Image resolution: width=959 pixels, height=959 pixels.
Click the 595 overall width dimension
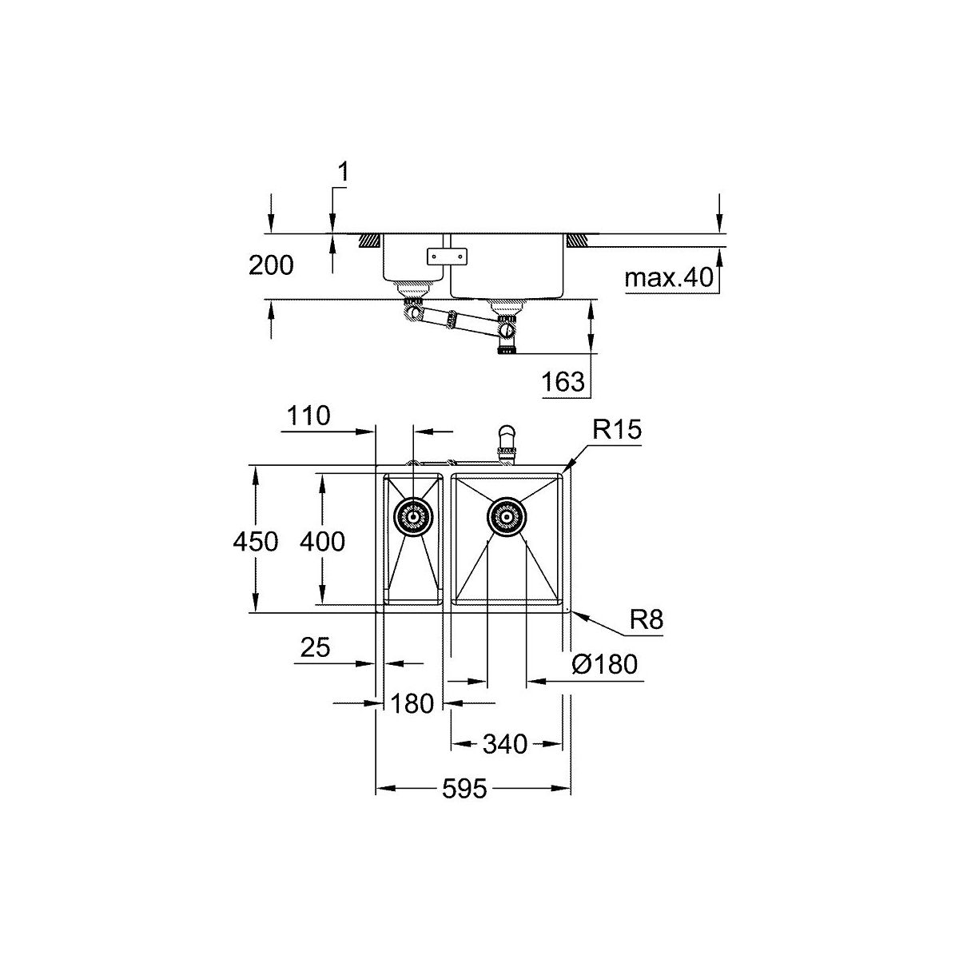click(x=464, y=789)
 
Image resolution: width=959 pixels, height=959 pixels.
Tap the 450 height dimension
click(x=255, y=542)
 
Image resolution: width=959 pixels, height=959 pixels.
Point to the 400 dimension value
click(x=322, y=542)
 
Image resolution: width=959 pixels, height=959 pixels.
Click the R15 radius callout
click(x=617, y=429)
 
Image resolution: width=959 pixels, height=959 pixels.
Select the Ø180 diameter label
click(x=605, y=664)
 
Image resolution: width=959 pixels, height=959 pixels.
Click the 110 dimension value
click(x=308, y=416)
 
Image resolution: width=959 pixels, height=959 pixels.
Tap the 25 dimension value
click(x=315, y=648)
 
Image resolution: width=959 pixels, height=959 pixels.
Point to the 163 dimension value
click(x=563, y=382)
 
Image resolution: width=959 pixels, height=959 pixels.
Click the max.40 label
click(x=668, y=277)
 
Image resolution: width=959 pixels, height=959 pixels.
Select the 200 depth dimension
click(x=271, y=265)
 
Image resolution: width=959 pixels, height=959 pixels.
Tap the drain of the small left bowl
click(x=413, y=518)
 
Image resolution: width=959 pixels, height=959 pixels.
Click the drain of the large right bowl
click(x=507, y=518)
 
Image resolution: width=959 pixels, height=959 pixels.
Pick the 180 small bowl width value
click(x=412, y=704)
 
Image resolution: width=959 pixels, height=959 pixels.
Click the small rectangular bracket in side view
click(x=447, y=256)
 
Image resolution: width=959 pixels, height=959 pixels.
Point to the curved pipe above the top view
click(x=507, y=440)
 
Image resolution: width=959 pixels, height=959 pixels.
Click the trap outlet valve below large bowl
click(x=507, y=330)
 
